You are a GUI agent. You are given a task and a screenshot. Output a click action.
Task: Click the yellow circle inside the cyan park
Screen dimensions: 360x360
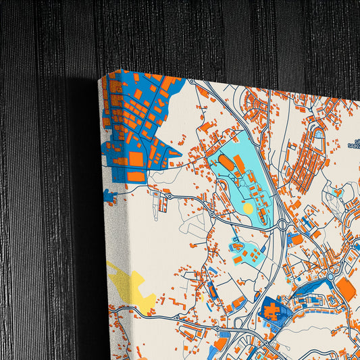(x=248, y=209)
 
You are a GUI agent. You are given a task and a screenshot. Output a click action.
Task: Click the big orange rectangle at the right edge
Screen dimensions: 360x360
(x=346, y=289)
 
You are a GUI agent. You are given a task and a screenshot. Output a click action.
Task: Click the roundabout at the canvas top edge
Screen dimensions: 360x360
(x=192, y=82)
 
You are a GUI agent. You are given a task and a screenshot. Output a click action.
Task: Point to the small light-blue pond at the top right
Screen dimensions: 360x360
(x=319, y=134)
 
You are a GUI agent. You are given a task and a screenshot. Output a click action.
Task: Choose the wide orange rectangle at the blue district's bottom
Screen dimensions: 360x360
(x=135, y=176)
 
